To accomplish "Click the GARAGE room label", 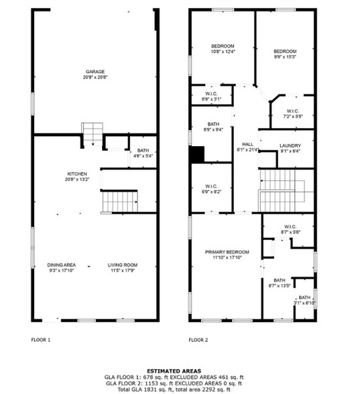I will [x=95, y=72].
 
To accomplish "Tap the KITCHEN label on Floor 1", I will [x=77, y=174].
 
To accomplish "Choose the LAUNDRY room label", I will [x=290, y=145].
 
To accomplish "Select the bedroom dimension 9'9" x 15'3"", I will [x=286, y=56].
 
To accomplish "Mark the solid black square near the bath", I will [x=196, y=155].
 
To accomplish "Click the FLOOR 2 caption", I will [x=198, y=340].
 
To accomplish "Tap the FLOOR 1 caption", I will [x=41, y=340].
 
